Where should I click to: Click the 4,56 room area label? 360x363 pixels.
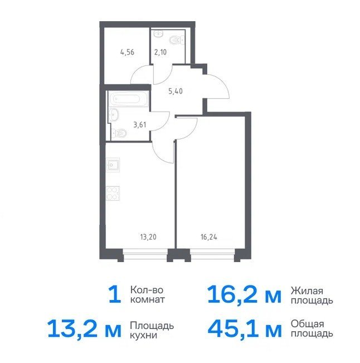point(127,52)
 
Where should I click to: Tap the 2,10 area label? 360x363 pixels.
point(160,52)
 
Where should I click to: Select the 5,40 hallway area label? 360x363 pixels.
point(176,91)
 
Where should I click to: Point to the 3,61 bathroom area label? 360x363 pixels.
point(140,125)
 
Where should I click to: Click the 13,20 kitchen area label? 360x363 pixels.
point(148,237)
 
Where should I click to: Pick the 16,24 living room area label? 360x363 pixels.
point(209,237)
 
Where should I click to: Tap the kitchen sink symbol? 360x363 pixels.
point(113,165)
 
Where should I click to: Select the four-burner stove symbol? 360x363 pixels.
point(113,193)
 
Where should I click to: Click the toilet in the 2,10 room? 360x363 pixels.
point(177,40)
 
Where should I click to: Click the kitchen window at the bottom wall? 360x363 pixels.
point(145,255)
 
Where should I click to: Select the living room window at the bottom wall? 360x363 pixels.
point(212,255)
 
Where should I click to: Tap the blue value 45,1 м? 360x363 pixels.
point(244,327)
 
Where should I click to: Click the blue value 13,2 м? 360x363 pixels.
point(84,327)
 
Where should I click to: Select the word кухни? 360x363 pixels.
point(143,335)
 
